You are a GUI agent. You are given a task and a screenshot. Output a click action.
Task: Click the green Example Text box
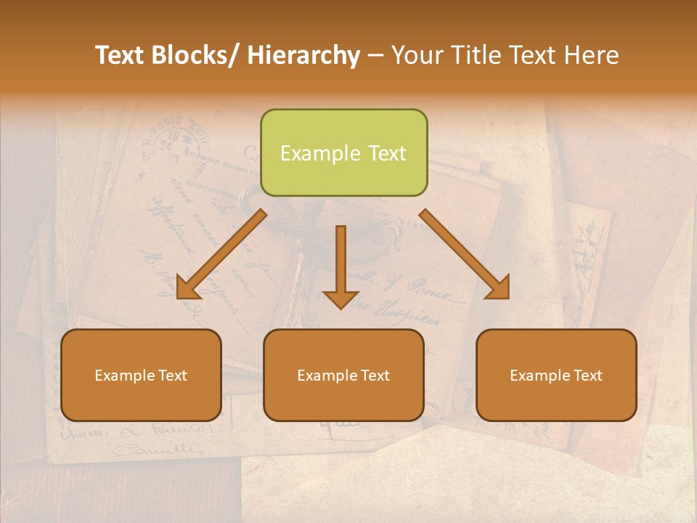(343, 153)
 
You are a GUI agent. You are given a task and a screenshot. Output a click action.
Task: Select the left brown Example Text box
(141, 375)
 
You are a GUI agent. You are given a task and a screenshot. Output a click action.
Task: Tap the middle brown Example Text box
(343, 375)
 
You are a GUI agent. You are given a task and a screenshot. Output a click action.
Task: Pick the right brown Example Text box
(556, 375)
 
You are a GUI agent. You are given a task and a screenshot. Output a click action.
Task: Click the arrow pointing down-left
(221, 254)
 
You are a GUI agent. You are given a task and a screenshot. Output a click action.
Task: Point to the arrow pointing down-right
(465, 254)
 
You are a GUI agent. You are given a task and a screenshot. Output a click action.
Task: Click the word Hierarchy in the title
(303, 55)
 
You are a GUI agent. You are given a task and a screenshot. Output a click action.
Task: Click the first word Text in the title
(121, 55)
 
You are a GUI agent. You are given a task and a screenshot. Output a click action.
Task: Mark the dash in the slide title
(375, 56)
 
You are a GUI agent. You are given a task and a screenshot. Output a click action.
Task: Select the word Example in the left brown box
(122, 375)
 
